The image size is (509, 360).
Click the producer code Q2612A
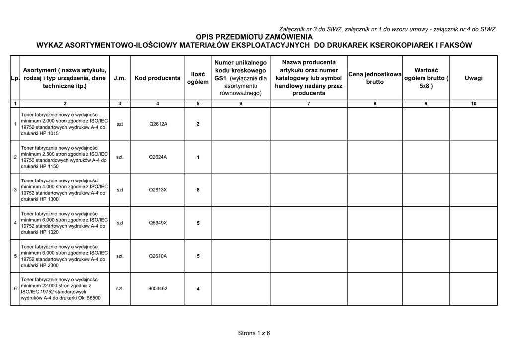(158, 124)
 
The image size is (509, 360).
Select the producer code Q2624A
(158, 157)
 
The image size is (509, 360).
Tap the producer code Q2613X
(158, 190)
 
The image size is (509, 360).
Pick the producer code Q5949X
(158, 223)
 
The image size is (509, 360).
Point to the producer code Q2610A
(158, 256)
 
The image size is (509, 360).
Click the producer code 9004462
(158, 289)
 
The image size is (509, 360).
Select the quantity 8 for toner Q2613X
(198, 190)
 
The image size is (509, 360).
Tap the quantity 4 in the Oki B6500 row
(198, 289)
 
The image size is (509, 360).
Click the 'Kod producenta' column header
(158, 78)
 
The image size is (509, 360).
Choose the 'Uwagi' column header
(473, 78)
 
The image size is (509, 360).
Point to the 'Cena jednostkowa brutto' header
(375, 78)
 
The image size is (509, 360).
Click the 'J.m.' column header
(120, 78)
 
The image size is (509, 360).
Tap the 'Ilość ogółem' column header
(198, 78)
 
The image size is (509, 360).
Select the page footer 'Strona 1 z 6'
(254, 333)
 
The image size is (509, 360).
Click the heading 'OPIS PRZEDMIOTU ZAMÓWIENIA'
(254, 37)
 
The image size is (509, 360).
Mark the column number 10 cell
(473, 103)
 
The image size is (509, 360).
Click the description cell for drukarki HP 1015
(64, 124)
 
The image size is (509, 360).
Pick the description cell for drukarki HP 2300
(64, 256)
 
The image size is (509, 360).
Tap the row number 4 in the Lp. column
(15, 223)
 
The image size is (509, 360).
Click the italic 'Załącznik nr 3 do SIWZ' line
(387, 29)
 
